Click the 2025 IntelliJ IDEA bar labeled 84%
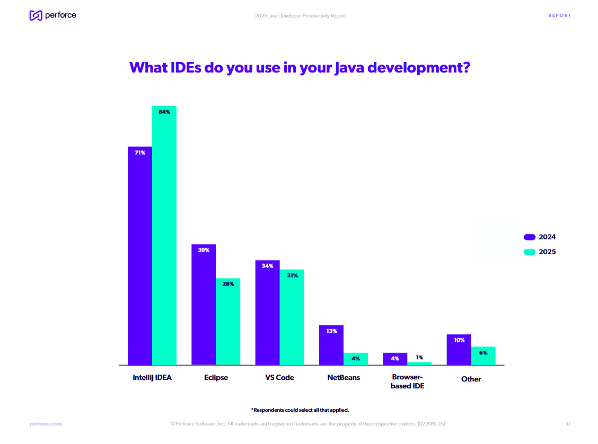click(x=164, y=235)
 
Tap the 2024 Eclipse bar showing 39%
click(x=204, y=305)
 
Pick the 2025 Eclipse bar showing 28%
click(x=228, y=322)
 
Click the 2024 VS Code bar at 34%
click(x=267, y=313)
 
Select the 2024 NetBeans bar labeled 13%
click(x=331, y=345)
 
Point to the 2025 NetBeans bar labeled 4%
click(x=356, y=359)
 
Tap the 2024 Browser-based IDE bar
click(x=395, y=359)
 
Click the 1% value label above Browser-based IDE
click(x=419, y=358)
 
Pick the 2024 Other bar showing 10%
click(x=459, y=350)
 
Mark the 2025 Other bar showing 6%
click(x=483, y=356)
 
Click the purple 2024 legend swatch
click(x=530, y=237)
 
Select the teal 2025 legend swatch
click(x=530, y=252)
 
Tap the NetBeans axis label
click(x=344, y=378)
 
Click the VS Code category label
click(x=279, y=378)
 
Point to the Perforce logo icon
click(x=36, y=15)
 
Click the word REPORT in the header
click(x=560, y=15)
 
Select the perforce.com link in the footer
click(x=46, y=424)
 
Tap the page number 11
click(x=568, y=424)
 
